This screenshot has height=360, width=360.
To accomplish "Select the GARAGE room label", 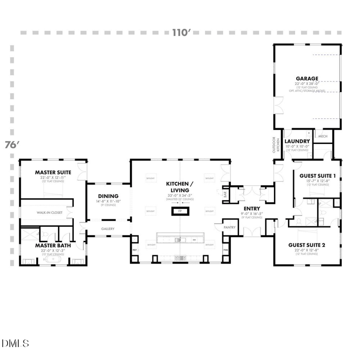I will (307, 78).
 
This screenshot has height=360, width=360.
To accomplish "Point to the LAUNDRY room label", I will (297, 141).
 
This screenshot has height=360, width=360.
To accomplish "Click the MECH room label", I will (323, 136).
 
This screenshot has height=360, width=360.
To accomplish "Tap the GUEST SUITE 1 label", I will (315, 175).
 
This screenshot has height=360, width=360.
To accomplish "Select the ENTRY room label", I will (252, 208).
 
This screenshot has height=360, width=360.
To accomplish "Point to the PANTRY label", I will (230, 228).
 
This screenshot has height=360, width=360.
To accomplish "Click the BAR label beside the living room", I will (225, 194).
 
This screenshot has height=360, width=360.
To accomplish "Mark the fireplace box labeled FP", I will (180, 211).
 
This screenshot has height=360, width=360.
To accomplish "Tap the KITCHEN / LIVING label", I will (180, 188).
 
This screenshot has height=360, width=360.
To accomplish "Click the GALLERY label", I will (108, 229).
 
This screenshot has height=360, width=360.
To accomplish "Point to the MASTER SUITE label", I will (54, 172).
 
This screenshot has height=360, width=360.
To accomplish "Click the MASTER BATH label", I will (54, 245).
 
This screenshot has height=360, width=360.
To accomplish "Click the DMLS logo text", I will (15, 343).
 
